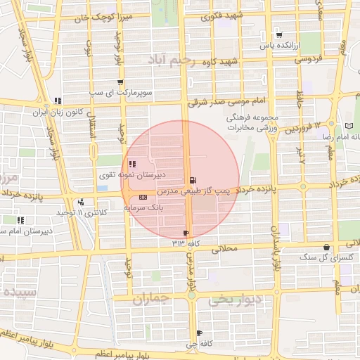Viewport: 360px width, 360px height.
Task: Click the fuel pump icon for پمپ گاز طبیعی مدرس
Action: click(x=193, y=181)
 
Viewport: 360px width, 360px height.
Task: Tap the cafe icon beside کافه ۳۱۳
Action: click(x=186, y=233)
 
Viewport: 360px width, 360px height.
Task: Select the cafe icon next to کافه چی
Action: click(x=200, y=333)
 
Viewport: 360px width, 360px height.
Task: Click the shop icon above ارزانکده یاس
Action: click(x=279, y=34)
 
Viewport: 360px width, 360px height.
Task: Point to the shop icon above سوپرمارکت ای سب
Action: click(x=120, y=82)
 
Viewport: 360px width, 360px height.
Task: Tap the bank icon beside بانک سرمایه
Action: click(x=143, y=198)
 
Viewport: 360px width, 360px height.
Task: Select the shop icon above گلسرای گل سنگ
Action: click(x=326, y=247)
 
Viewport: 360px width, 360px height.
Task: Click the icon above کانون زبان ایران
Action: click(x=58, y=101)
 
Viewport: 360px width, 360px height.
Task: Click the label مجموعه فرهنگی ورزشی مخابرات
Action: click(x=254, y=124)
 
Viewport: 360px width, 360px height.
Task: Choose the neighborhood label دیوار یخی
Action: click(x=233, y=300)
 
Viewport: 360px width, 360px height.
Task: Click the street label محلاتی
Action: click(x=226, y=247)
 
